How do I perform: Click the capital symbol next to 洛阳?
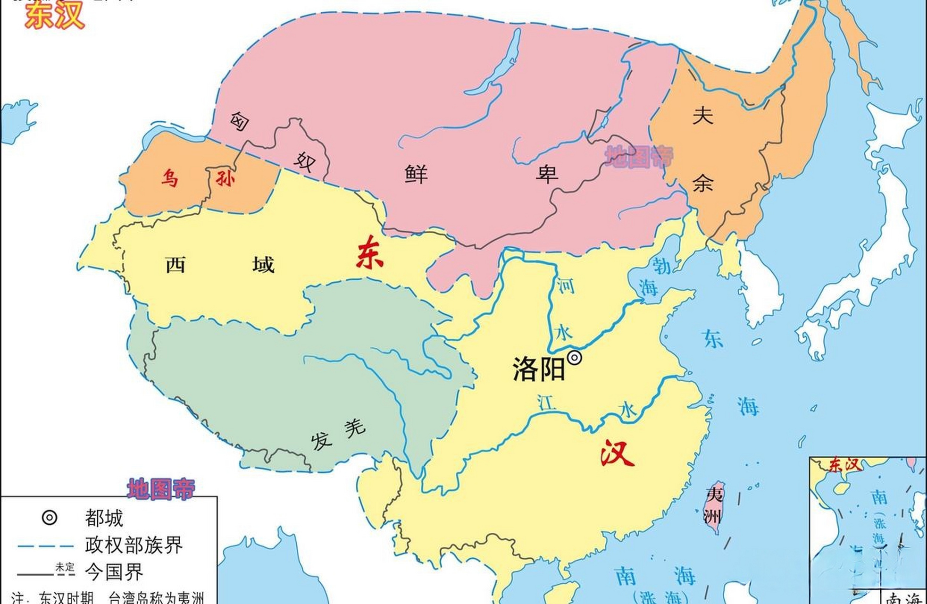coord(574,358)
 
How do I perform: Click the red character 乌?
coord(169,179)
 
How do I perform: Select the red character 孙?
coord(225,178)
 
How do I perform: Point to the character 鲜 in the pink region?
coord(416,174)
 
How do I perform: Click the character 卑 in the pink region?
coord(547,174)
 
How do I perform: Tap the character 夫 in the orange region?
coord(702,115)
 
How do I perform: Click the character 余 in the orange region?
coord(702,182)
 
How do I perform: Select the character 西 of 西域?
coord(175,265)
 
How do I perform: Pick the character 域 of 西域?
coord(263,265)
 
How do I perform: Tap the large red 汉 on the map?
coord(617,453)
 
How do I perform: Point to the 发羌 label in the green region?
coord(338,435)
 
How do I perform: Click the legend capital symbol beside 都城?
coord(50,518)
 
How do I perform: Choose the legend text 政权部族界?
coord(134,545)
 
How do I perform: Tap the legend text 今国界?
coord(114,572)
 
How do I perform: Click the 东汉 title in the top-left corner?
coord(54,16)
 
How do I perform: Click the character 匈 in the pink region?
coord(240,121)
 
